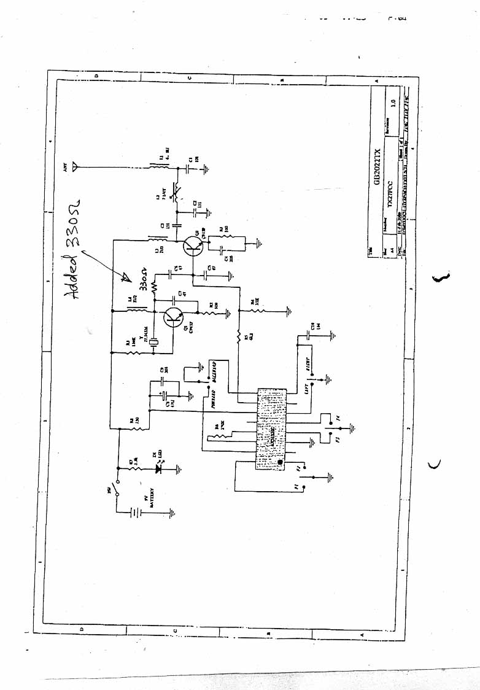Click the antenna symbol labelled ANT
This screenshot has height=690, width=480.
pos(75,165)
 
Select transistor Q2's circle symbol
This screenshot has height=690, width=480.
pos(193,246)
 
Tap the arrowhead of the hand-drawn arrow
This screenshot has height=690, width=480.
pos(125,277)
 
